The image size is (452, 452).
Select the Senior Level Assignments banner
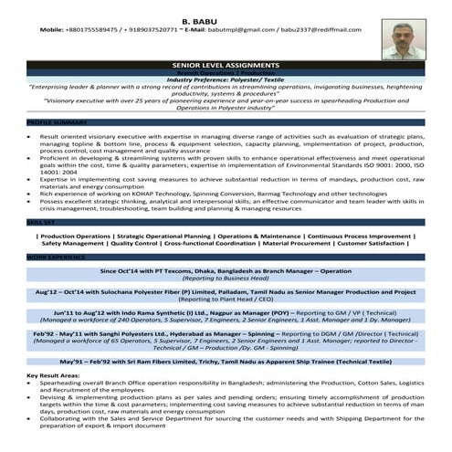[226, 66]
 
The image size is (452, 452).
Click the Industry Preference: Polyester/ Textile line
[226, 80]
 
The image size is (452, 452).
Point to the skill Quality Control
[132, 244]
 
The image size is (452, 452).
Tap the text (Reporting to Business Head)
[226, 279]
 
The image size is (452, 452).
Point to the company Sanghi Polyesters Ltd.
[150, 334]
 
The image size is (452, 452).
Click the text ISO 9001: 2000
[392, 164]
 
